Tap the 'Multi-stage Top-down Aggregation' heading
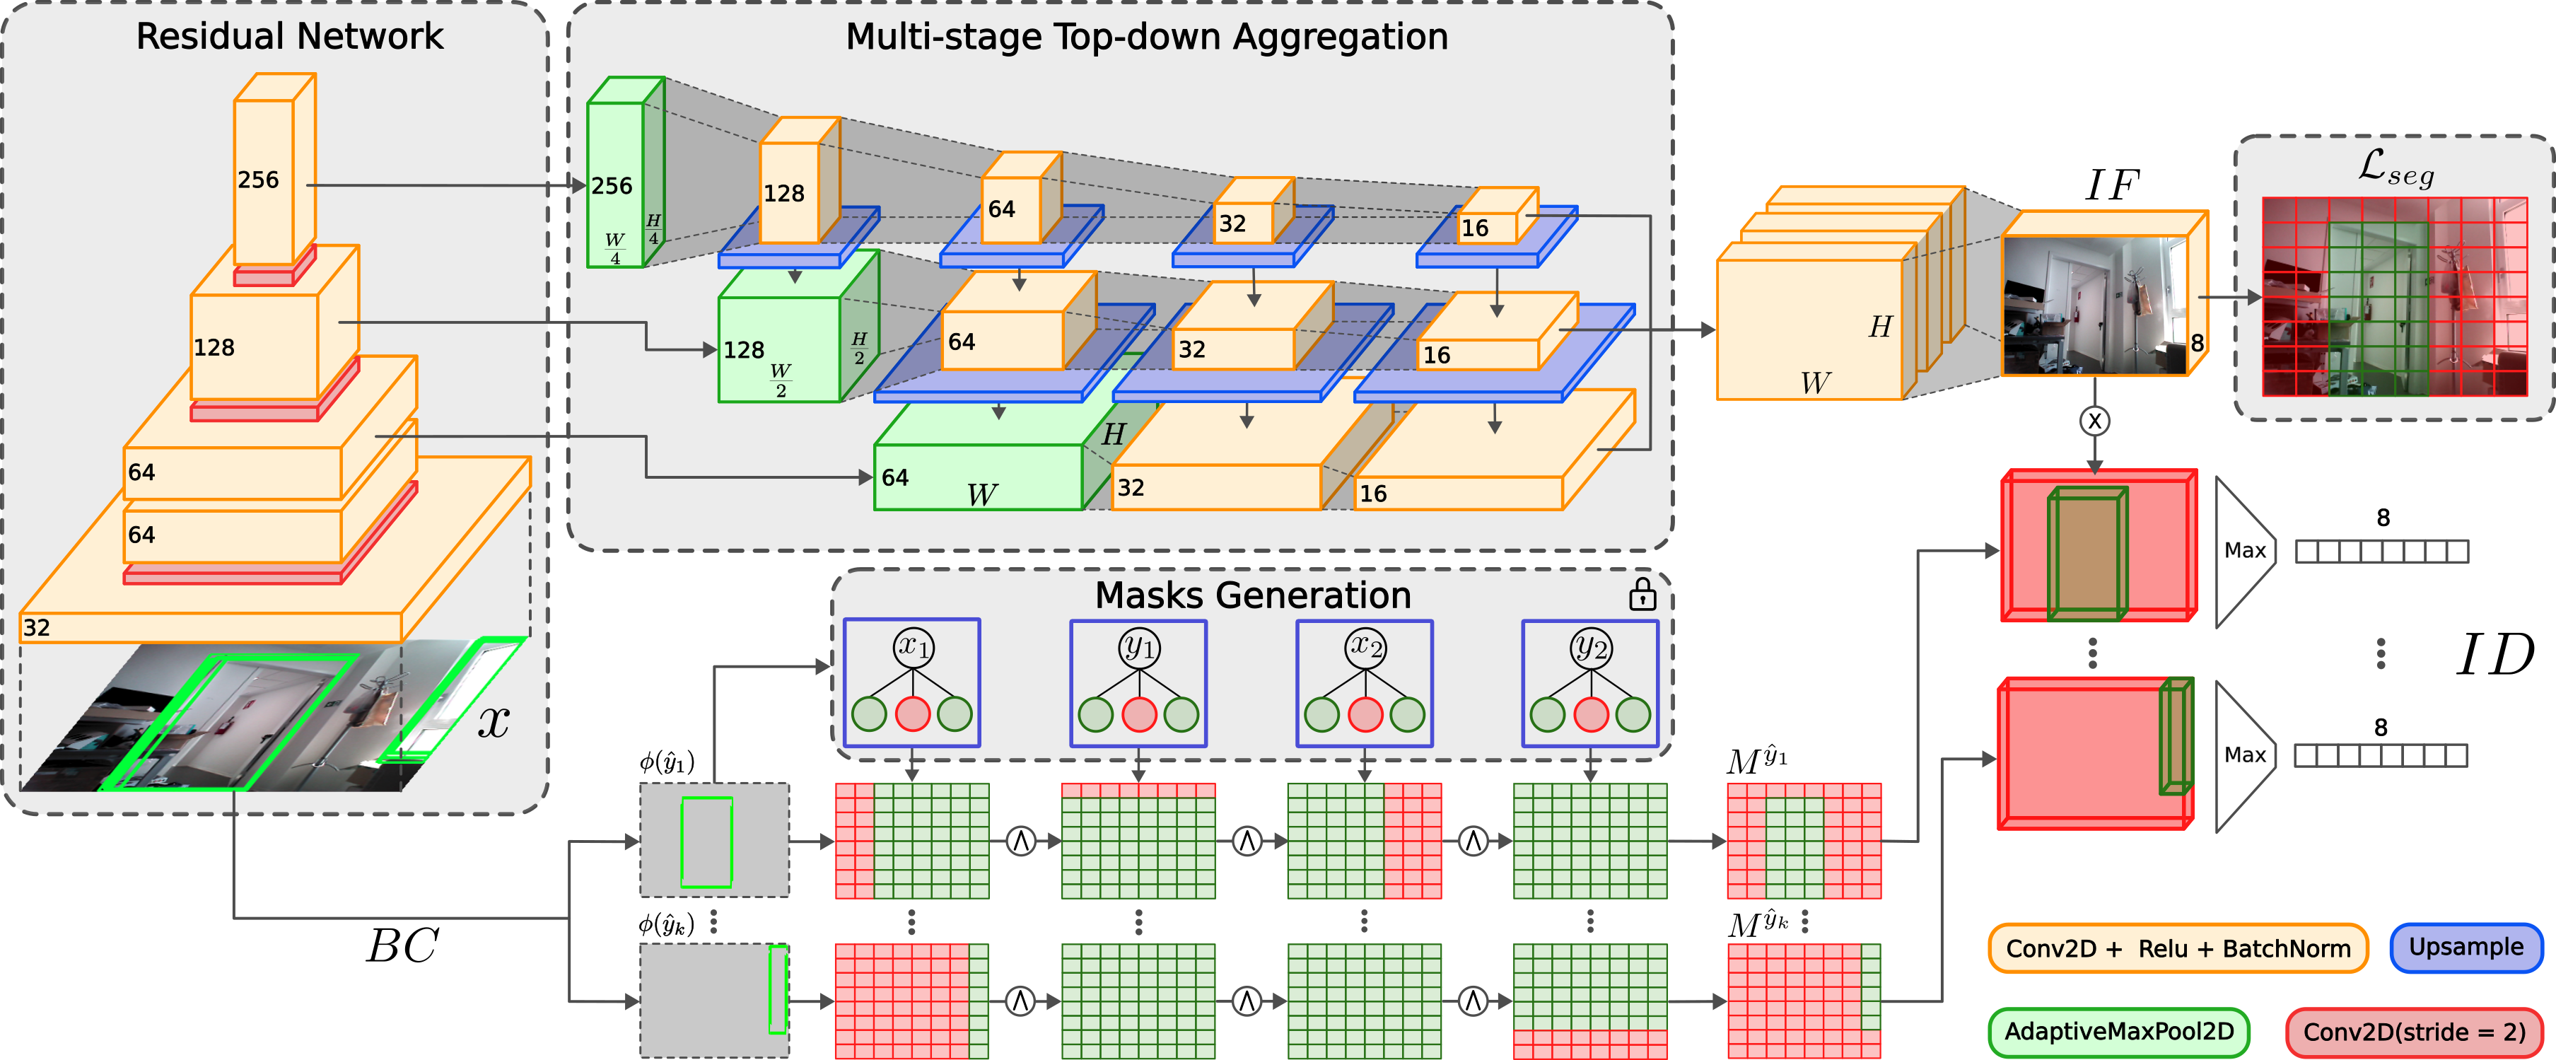[1146, 37]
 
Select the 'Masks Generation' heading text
[1252, 595]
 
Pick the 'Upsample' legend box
[2465, 947]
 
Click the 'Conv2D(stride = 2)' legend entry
[2413, 1032]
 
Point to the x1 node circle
[912, 646]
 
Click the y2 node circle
[1591, 647]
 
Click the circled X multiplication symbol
[2094, 421]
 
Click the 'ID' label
[2494, 655]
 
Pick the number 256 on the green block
[611, 185]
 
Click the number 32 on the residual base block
[37, 627]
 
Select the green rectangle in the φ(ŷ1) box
[706, 841]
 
